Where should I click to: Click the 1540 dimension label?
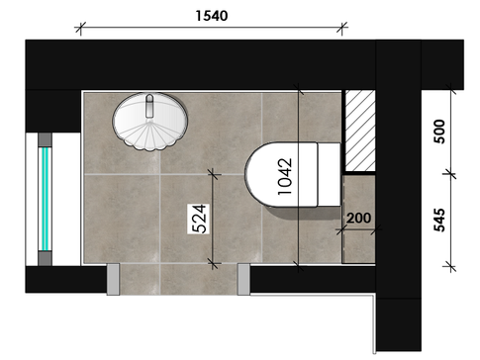click(x=212, y=16)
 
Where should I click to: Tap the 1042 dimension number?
click(x=285, y=177)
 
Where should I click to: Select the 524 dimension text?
click(x=199, y=219)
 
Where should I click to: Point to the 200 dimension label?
click(x=358, y=218)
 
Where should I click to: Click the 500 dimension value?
click(x=439, y=132)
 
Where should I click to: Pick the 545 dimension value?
click(x=439, y=220)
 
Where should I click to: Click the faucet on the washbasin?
click(x=149, y=106)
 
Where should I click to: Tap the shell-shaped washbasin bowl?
click(x=150, y=122)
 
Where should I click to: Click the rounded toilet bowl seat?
click(x=281, y=175)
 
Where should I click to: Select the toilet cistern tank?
click(x=329, y=174)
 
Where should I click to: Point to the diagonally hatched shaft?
click(x=360, y=131)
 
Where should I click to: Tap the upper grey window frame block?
click(x=45, y=139)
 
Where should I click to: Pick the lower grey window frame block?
click(x=45, y=258)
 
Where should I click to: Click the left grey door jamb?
click(x=113, y=279)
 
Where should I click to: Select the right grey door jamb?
click(x=243, y=279)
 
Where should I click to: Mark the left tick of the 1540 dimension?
click(x=80, y=28)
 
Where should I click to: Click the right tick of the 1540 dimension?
click(x=342, y=28)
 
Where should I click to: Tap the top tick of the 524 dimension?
click(x=214, y=173)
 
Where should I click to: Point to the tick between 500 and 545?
click(x=450, y=173)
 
